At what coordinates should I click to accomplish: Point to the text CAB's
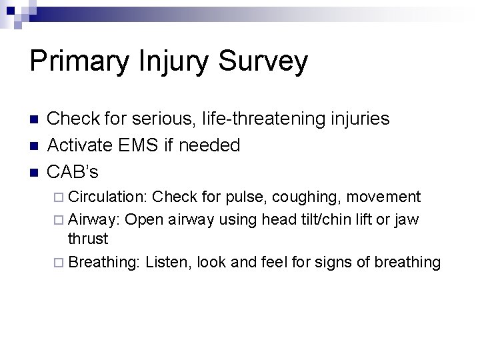tap(73, 172)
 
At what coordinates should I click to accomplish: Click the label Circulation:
tap(108, 197)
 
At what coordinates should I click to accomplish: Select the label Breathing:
tap(104, 262)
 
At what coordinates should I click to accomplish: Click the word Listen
tap(167, 262)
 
